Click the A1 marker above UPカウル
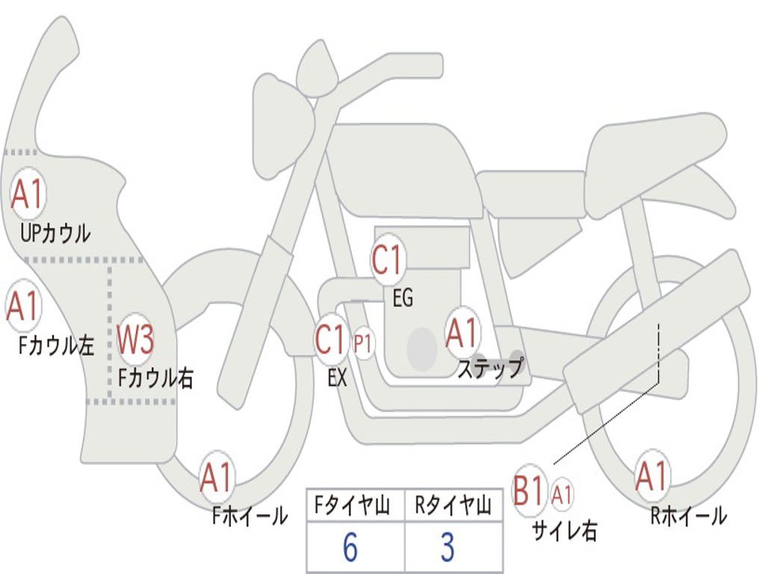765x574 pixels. (28, 194)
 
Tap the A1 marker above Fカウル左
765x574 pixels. (23, 306)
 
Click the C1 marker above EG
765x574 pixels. (388, 260)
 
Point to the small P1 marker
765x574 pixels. (364, 344)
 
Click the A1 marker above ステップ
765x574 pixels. (462, 333)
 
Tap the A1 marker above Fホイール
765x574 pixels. (216, 478)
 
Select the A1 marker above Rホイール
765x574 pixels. (651, 475)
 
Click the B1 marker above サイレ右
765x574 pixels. (529, 490)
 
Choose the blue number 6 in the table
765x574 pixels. (350, 546)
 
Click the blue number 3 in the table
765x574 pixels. (447, 546)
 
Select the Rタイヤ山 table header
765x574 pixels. (453, 505)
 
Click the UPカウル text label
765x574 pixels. (55, 234)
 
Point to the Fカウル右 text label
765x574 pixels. (155, 377)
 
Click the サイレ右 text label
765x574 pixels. (565, 530)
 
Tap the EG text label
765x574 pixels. (403, 297)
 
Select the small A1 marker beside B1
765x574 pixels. (562, 495)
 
